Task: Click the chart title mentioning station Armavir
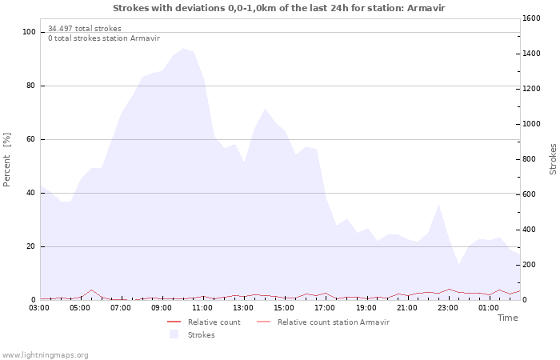(x=279, y=8)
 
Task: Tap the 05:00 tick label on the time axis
(x=80, y=306)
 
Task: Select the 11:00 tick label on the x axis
(x=202, y=306)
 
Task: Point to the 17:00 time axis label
(x=325, y=306)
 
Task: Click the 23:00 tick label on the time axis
(x=447, y=306)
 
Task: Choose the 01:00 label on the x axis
(x=488, y=306)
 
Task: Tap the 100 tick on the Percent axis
(x=30, y=32)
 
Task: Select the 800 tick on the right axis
(x=529, y=159)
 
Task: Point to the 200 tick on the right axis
(x=529, y=265)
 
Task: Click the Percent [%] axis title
(x=7, y=160)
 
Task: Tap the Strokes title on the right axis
(x=553, y=158)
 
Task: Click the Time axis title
(x=507, y=318)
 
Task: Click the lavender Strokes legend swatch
(x=174, y=334)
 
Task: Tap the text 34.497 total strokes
(x=85, y=29)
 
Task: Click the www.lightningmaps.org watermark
(x=45, y=354)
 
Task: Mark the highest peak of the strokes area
(x=184, y=48)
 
